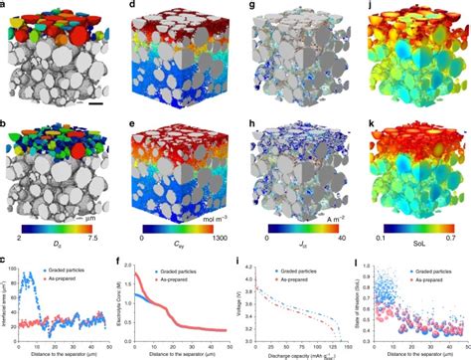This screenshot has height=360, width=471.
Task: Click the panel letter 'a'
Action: tap(4, 5)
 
